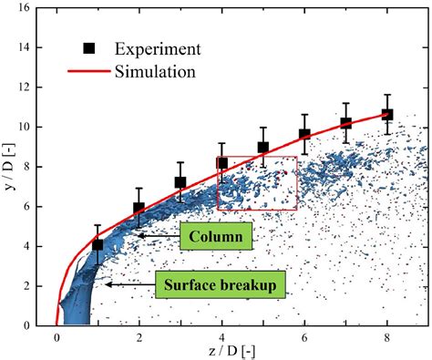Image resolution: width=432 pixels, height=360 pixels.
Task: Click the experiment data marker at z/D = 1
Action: coord(98,245)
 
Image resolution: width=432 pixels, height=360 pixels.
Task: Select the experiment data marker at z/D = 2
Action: coord(139,208)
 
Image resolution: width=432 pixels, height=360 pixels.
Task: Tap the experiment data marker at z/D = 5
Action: coord(262,148)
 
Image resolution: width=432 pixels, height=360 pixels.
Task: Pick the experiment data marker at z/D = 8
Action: coord(387,115)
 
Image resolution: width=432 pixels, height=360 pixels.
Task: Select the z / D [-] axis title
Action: coord(234,352)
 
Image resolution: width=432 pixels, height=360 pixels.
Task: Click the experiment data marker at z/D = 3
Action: coord(180,182)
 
